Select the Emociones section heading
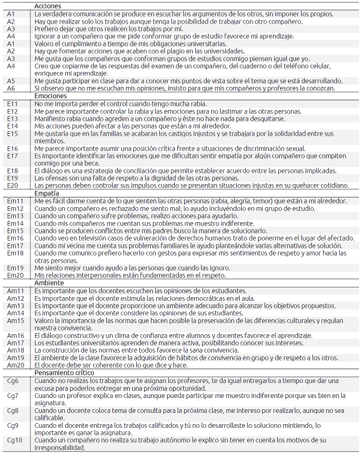[50, 96]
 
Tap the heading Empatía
[47, 193]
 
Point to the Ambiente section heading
[49, 283]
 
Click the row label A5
[11, 81]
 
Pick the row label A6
[11, 88]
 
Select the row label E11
[13, 104]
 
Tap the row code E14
[13, 126]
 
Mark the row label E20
[13, 186]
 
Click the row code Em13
[15, 216]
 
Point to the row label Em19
[15, 268]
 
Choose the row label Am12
[15, 298]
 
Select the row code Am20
[15, 365]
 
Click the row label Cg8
[13, 411]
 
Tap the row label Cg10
[14, 441]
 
